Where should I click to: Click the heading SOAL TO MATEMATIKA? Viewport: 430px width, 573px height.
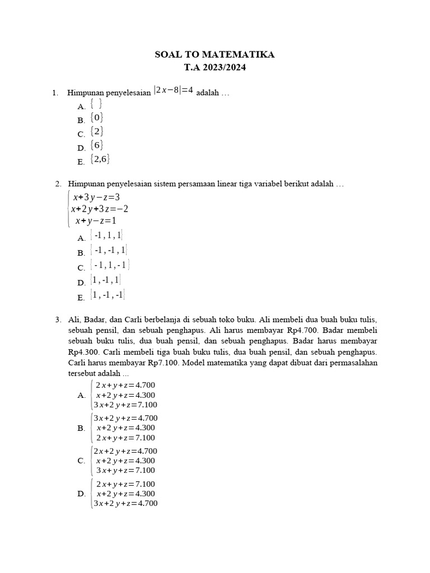pyautogui.click(x=214, y=55)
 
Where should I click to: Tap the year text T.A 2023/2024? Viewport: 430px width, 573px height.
pyautogui.click(x=214, y=68)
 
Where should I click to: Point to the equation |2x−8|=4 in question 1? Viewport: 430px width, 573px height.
pyautogui.click(x=174, y=91)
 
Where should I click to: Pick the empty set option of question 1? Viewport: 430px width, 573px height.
pyautogui.click(x=96, y=104)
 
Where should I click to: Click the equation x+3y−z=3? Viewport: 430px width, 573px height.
pyautogui.click(x=96, y=197)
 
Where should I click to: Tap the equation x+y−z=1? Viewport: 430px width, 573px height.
pyautogui.click(x=96, y=220)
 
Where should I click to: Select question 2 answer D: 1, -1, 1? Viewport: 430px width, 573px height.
pyautogui.click(x=106, y=280)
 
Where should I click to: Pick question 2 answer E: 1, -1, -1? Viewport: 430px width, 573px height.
pyautogui.click(x=107, y=294)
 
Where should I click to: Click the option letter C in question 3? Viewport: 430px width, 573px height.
pyautogui.click(x=81, y=461)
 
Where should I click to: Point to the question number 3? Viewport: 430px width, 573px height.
pyautogui.click(x=58, y=319)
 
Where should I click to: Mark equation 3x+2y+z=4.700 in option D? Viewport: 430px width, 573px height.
pyautogui.click(x=125, y=503)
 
